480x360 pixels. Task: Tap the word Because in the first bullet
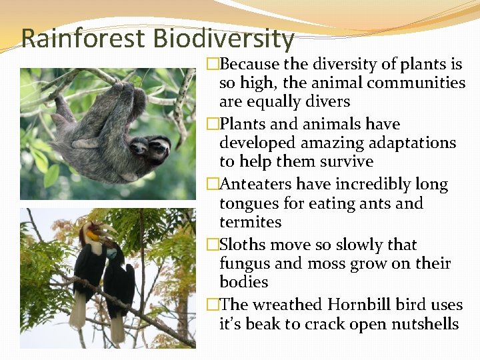[249, 65]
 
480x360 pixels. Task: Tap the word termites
[250, 222]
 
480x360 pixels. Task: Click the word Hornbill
[359, 305]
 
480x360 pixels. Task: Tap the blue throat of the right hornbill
[112, 254]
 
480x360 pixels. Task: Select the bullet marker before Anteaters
[213, 185]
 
